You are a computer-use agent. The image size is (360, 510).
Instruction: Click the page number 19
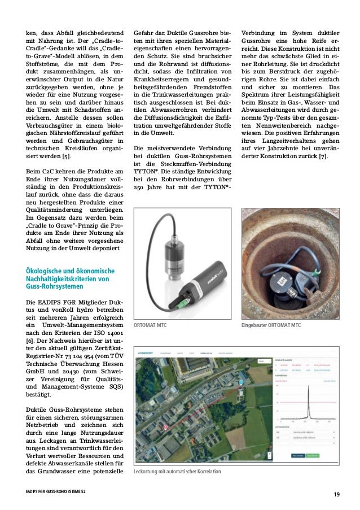[336, 495]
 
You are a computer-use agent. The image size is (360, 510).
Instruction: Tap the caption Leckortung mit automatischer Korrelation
[177, 471]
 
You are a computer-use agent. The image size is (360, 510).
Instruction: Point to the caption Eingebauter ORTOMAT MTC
[284, 326]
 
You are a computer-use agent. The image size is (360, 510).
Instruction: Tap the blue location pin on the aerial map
[241, 382]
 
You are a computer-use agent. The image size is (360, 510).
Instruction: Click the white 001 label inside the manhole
[280, 281]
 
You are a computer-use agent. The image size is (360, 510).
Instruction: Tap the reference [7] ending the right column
[322, 156]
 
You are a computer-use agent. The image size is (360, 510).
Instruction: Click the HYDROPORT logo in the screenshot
[148, 353]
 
